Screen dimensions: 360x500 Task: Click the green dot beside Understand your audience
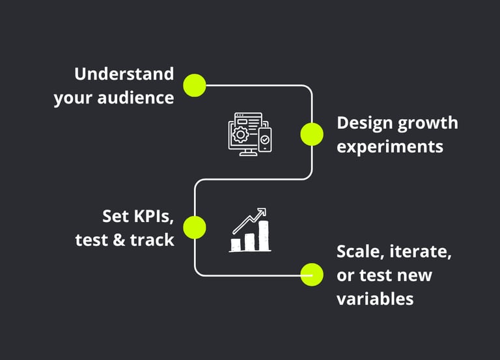(194, 85)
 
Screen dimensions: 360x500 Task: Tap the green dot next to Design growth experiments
(312, 134)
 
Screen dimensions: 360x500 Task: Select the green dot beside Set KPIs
(194, 227)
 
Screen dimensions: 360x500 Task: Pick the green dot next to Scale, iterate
(312, 275)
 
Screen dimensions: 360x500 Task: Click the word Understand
(124, 74)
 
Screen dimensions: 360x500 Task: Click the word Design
(364, 123)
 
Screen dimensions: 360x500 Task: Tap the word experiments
(390, 146)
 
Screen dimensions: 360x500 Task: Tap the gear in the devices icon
(240, 135)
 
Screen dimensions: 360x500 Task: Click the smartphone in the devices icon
(264, 141)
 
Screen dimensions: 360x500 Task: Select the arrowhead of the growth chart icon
(262, 212)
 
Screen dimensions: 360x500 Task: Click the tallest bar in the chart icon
(262, 236)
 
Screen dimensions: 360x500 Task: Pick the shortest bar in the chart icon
(236, 245)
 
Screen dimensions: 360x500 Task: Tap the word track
(152, 240)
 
